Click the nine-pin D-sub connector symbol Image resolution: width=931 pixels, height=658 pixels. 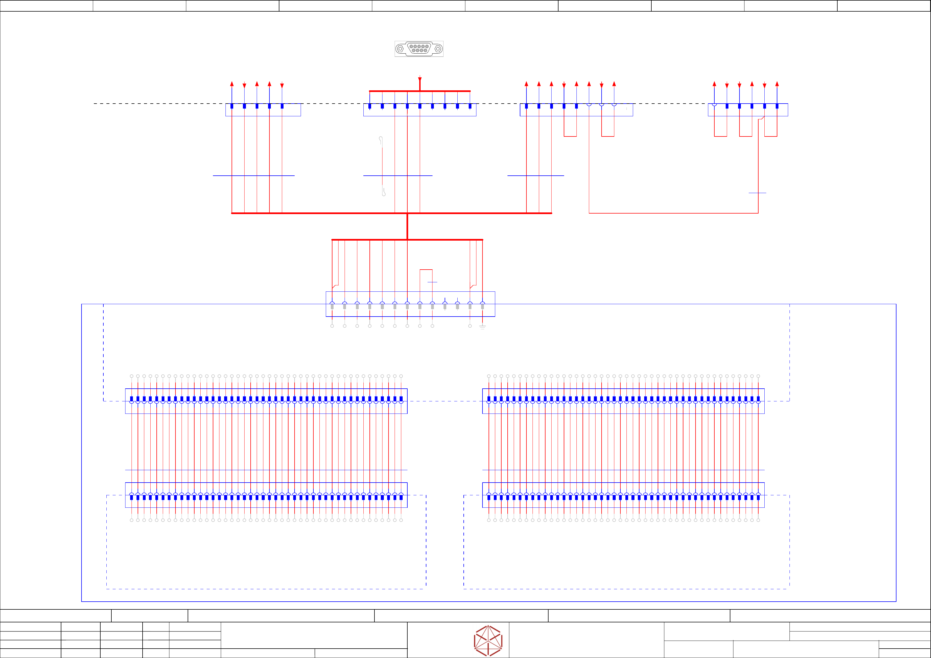pyautogui.click(x=419, y=49)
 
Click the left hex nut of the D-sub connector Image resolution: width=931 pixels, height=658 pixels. pyautogui.click(x=400, y=49)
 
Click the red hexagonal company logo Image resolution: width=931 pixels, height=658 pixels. pyautogui.click(x=488, y=641)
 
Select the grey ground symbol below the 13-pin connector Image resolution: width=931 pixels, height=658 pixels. pyautogui.click(x=482, y=327)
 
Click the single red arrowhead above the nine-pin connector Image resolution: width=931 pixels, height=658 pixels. pyautogui.click(x=420, y=79)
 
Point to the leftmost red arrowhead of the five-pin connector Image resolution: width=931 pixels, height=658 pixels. pyautogui.click(x=232, y=84)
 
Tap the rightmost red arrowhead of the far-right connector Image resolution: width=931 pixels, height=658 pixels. pyautogui.click(x=777, y=84)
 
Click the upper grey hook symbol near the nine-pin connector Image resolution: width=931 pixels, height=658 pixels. pyautogui.click(x=381, y=140)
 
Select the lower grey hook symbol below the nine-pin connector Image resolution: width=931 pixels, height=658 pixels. pyautogui.click(x=384, y=192)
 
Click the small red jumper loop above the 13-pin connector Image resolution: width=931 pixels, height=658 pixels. pyautogui.click(x=426, y=270)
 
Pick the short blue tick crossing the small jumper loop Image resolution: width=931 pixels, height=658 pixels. pyautogui.click(x=432, y=282)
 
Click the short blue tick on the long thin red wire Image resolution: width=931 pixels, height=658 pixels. pyautogui.click(x=757, y=193)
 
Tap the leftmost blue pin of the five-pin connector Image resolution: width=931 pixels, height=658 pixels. pyautogui.click(x=232, y=106)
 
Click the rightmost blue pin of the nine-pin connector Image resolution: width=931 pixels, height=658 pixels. pyautogui.click(x=470, y=106)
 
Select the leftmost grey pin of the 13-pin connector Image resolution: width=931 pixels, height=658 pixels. pyautogui.click(x=332, y=307)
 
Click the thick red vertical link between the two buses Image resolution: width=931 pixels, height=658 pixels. pyautogui.click(x=407, y=226)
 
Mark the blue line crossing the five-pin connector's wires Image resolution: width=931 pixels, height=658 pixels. pyautogui.click(x=254, y=175)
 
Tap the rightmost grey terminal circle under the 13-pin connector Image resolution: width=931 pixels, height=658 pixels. pyautogui.click(x=470, y=326)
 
